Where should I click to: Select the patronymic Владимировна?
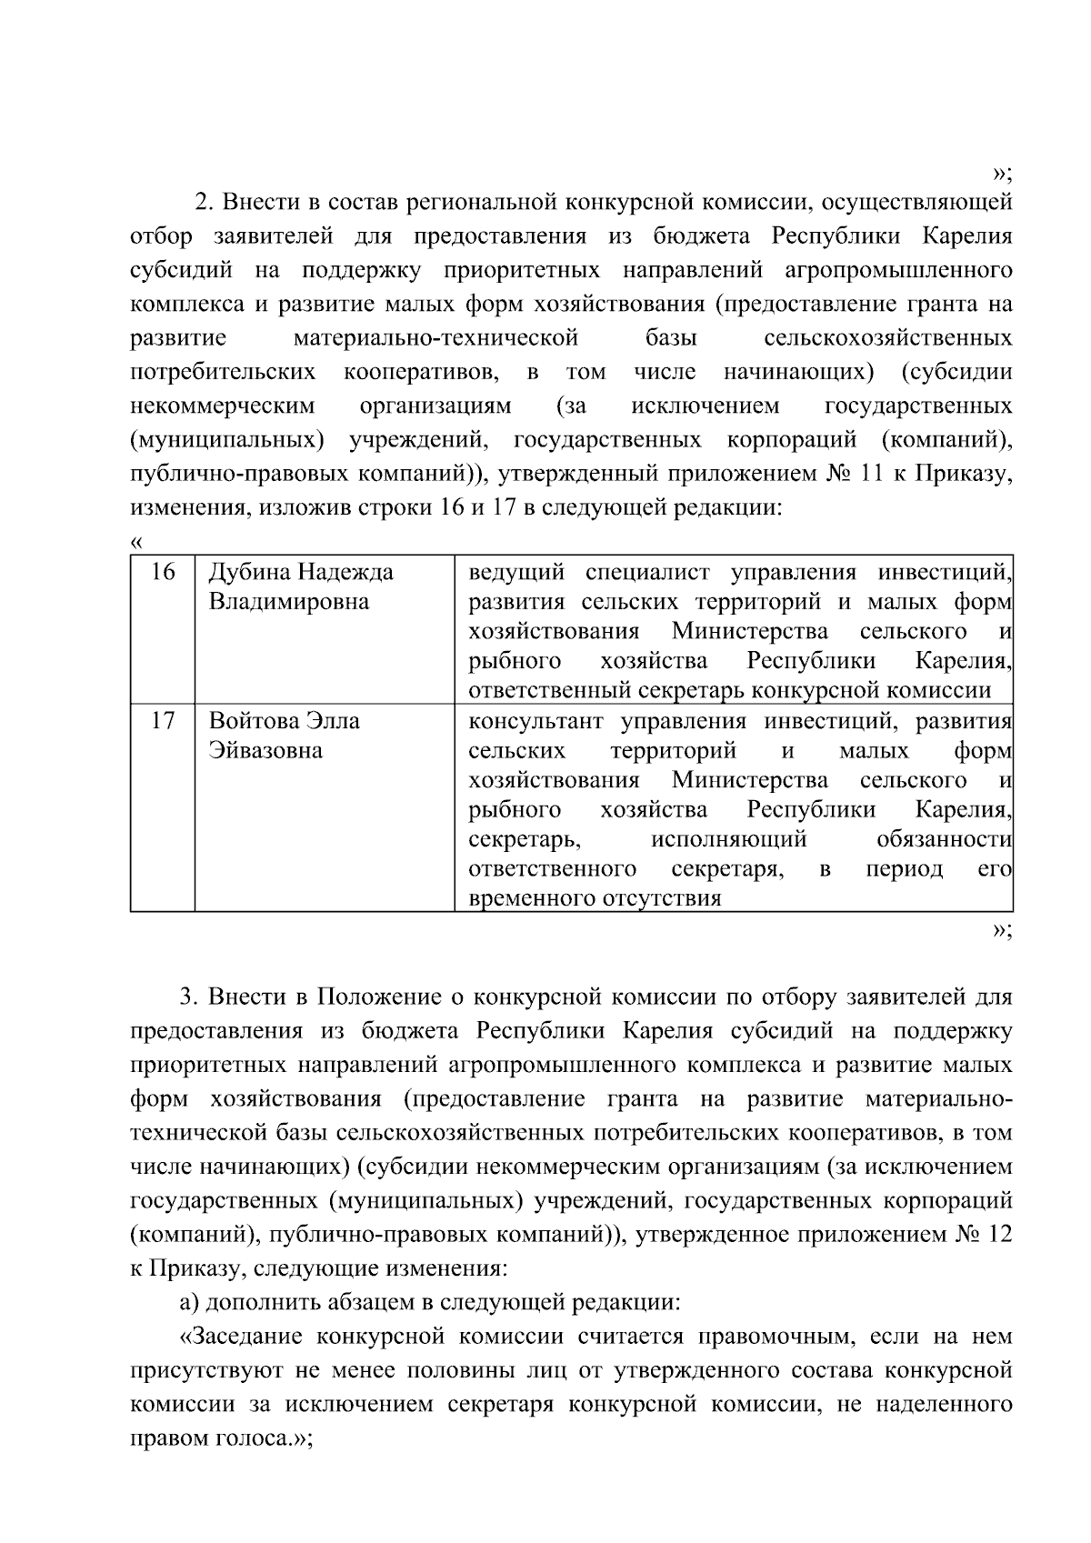pos(289,602)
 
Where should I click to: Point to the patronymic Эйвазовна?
pos(265,751)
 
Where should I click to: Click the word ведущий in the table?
pos(515,573)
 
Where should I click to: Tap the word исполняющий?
pos(729,839)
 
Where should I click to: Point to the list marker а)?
pos(189,1303)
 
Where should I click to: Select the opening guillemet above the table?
pos(137,543)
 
